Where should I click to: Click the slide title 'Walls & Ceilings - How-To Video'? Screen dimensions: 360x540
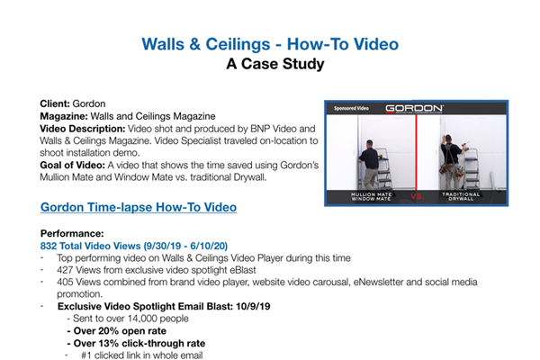271,43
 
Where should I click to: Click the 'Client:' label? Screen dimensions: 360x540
57,105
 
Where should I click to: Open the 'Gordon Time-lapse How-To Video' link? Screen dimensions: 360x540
139,207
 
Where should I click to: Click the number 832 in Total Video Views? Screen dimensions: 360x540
52,246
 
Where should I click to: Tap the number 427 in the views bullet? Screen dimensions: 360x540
65,269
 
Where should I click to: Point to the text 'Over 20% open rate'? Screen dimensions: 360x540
122,330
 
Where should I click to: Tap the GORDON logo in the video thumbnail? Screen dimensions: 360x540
413,108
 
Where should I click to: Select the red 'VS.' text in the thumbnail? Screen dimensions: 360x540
417,195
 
